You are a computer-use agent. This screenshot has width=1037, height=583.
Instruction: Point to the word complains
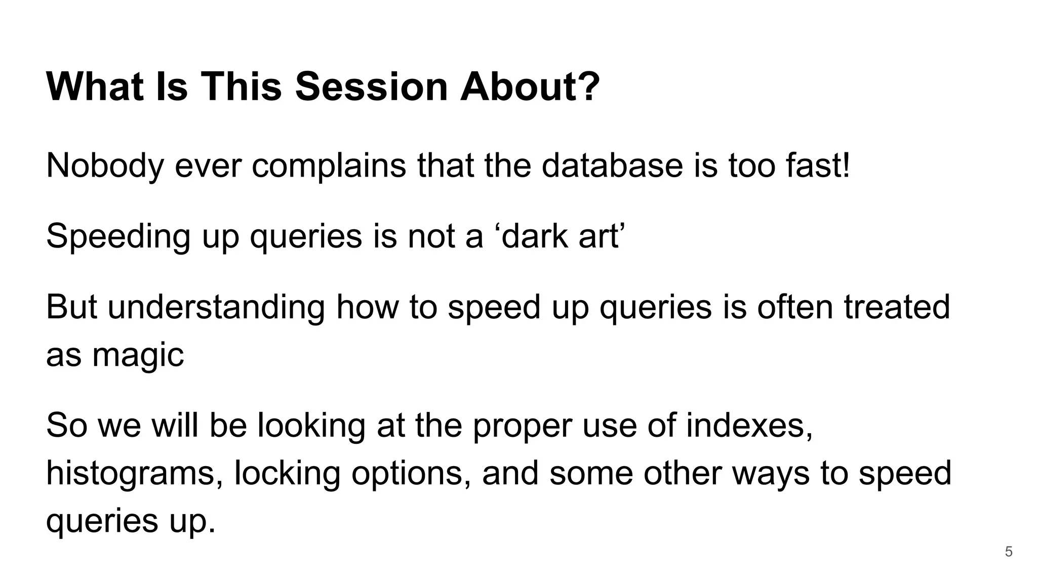pyautogui.click(x=329, y=165)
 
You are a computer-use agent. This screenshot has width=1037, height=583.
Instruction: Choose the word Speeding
pyautogui.click(x=118, y=236)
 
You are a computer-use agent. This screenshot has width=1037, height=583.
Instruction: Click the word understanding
pyautogui.click(x=216, y=307)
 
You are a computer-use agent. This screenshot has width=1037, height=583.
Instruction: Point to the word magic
pyautogui.click(x=138, y=355)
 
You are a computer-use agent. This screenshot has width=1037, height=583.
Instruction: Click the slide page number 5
pyautogui.click(x=1008, y=552)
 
